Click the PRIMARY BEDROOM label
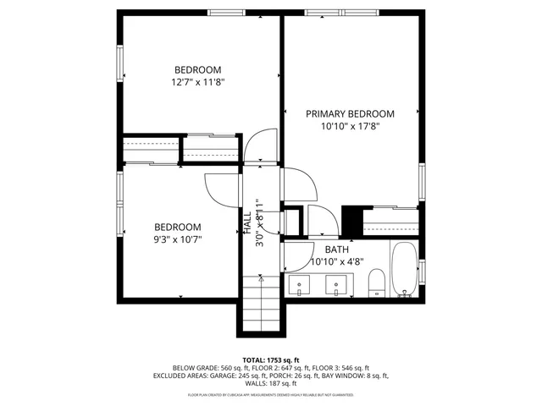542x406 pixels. (350, 114)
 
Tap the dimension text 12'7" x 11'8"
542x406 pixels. (197, 83)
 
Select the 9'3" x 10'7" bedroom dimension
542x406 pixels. (177, 239)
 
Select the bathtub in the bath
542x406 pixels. (404, 272)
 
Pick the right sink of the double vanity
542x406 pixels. (337, 286)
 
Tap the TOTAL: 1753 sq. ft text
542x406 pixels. (271, 359)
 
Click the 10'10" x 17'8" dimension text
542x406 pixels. (350, 127)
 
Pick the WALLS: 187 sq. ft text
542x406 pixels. (271, 383)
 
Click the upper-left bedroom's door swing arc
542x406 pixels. (262, 144)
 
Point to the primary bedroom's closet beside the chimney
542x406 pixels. (390, 222)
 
